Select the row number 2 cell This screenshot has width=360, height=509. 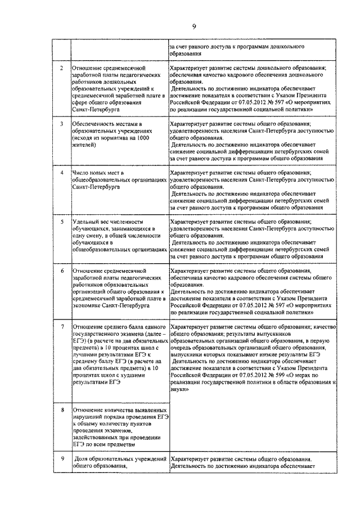pyautogui.click(x=61, y=68)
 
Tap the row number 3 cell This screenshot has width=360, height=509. pyautogui.click(x=61, y=123)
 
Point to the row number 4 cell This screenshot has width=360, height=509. pyautogui.click(x=61, y=172)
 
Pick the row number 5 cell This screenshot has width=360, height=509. pyautogui.click(x=61, y=222)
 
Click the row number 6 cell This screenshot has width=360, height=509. pyautogui.click(x=61, y=271)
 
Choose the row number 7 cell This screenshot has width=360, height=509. pyautogui.click(x=61, y=326)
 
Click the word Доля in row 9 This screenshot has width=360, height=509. pyautogui.click(x=83, y=459)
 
